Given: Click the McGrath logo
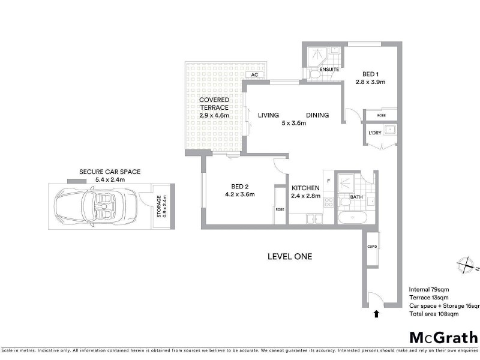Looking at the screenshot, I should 443,337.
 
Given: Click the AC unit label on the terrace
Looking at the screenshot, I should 254,75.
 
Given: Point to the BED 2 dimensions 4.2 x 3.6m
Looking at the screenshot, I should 240,194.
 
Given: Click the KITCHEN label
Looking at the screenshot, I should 306,188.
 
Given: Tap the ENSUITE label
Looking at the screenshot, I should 330,70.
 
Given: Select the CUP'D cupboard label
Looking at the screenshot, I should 371,246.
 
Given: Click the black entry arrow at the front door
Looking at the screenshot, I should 376,313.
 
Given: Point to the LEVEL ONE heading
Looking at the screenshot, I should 289,256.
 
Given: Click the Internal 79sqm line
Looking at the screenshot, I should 428,289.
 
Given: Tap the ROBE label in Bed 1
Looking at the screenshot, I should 381,115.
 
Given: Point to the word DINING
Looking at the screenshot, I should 317,115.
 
